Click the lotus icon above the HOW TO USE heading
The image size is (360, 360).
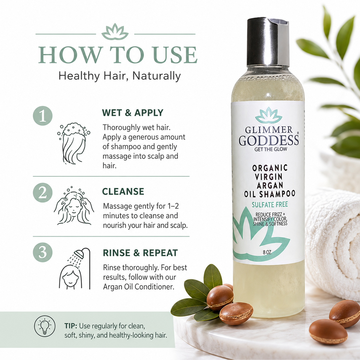click(x=115, y=32)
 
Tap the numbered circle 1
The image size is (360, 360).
click(x=42, y=116)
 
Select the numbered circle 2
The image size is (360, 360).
click(x=42, y=193)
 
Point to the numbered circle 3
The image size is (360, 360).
click(x=42, y=252)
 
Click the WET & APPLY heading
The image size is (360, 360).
click(x=133, y=113)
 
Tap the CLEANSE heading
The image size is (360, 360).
click(x=123, y=191)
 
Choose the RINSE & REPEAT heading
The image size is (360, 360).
click(x=140, y=253)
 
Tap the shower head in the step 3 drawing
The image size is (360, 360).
click(x=79, y=254)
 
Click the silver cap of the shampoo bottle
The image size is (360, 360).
click(x=268, y=41)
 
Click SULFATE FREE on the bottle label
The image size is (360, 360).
click(x=270, y=205)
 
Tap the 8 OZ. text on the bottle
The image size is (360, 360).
click(x=267, y=252)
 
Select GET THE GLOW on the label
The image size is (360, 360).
click(x=271, y=149)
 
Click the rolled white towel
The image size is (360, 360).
click(x=332, y=245)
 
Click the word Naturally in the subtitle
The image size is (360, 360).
click(x=156, y=76)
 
